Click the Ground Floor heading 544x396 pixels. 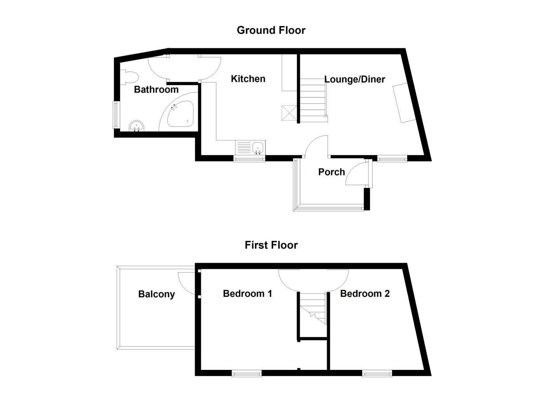271,30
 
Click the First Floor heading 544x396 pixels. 271,245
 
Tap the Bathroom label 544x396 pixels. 156,89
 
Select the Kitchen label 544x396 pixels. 248,79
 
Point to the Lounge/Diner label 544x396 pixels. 354,79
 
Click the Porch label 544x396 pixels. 331,172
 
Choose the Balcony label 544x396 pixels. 156,294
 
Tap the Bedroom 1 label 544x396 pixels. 247,293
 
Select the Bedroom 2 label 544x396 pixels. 364,293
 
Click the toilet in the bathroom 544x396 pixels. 128,77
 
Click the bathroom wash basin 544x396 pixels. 136,126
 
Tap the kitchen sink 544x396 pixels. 258,148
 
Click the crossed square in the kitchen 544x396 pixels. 289,113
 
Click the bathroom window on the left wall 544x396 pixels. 115,115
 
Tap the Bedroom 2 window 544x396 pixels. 377,373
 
